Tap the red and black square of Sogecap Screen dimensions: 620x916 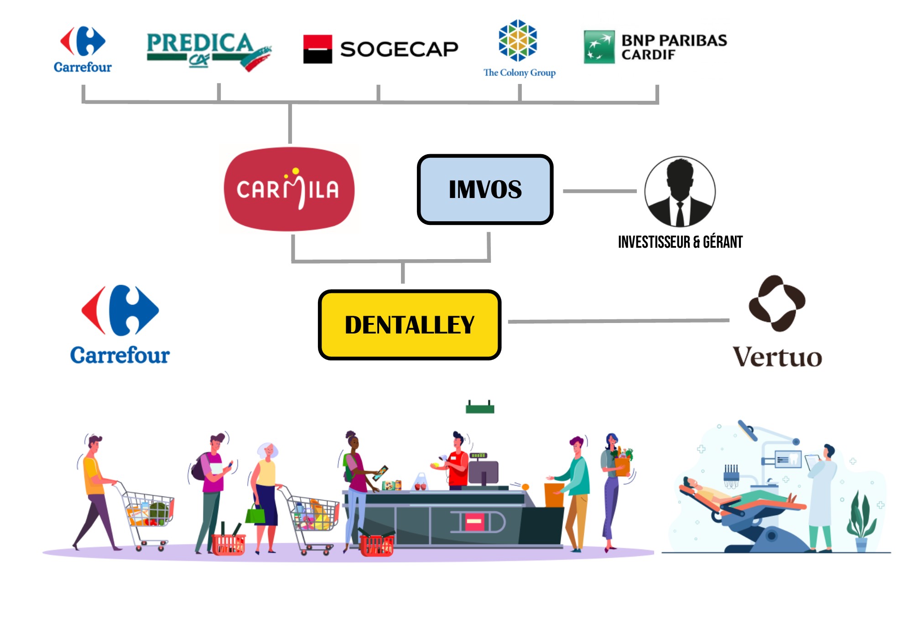coord(317,49)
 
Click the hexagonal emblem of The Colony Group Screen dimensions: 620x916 coord(518,40)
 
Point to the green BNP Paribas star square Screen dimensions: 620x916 coord(599,47)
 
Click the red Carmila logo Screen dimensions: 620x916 coord(289,189)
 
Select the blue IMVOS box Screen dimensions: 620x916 coord(485,189)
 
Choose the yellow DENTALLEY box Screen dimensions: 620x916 coord(409,325)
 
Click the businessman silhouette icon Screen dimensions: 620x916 coord(680,192)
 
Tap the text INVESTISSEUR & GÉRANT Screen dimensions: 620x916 coord(680,242)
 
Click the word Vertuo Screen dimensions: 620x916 coord(777,357)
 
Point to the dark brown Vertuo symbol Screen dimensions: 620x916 coord(777,303)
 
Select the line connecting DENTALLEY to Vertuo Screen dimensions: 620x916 coord(618,321)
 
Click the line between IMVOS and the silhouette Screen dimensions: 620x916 coord(599,191)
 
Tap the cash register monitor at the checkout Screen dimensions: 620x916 coord(484,473)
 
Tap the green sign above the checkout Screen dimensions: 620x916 coord(480,408)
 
